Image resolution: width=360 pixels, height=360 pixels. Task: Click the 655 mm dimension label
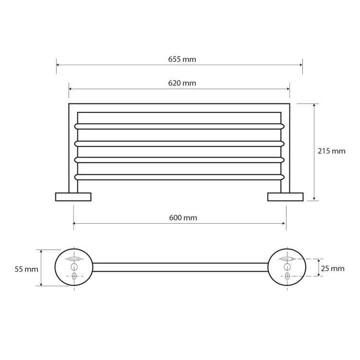(x=182, y=60)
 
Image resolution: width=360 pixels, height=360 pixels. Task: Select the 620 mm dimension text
(x=182, y=83)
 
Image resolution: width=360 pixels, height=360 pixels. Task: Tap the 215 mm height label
(x=331, y=151)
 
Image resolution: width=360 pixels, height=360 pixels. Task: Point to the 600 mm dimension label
(x=183, y=217)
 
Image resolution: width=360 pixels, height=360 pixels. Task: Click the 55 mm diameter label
(x=26, y=269)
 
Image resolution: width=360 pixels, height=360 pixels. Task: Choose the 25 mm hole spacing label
(x=333, y=268)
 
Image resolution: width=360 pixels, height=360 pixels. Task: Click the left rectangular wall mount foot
(x=73, y=197)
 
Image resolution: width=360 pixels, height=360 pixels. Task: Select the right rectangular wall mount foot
(x=286, y=197)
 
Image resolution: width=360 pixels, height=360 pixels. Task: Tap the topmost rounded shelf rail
(x=180, y=126)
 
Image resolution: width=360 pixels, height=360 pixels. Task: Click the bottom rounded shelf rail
(x=180, y=177)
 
